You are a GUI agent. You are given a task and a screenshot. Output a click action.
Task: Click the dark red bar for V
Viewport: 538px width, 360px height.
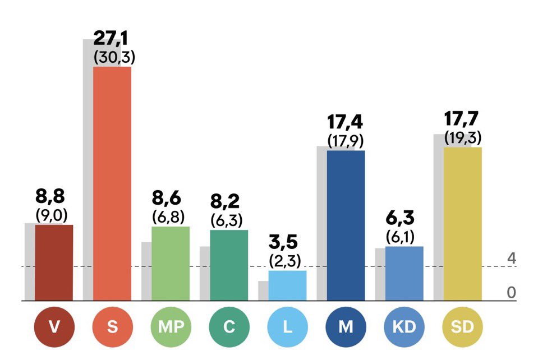pyautogui.click(x=54, y=262)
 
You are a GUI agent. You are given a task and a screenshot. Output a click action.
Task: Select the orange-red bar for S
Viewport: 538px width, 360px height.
pyautogui.click(x=112, y=184)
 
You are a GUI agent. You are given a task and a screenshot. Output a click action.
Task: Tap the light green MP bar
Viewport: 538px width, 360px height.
pyautogui.click(x=171, y=264)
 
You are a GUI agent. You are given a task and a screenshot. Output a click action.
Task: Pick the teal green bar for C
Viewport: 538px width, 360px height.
pyautogui.click(x=229, y=265)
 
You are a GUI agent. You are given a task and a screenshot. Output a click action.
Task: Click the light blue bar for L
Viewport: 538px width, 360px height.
pyautogui.click(x=288, y=285)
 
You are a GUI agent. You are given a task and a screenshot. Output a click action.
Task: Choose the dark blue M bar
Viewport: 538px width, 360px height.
pyautogui.click(x=346, y=225)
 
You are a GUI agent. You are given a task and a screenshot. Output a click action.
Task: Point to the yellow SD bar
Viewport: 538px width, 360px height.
pyautogui.click(x=463, y=224)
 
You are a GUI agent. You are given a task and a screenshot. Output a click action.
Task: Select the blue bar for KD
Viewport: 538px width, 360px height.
pyautogui.click(x=404, y=274)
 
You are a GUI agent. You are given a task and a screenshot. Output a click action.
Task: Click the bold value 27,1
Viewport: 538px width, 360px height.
pyautogui.click(x=111, y=38)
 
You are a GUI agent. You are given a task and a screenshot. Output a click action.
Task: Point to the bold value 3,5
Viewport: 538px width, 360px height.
pyautogui.click(x=283, y=242)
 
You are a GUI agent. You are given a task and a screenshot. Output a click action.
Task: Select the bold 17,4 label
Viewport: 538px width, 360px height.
pyautogui.click(x=345, y=122)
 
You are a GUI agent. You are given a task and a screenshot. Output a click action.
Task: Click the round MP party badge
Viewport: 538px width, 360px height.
pyautogui.click(x=171, y=327)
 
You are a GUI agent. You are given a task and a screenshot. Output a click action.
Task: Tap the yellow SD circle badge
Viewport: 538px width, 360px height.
pyautogui.click(x=462, y=327)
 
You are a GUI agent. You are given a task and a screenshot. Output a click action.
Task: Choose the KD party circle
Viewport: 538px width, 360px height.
pyautogui.click(x=404, y=327)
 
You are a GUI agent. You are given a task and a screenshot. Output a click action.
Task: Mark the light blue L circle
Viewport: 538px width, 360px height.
pyautogui.click(x=288, y=327)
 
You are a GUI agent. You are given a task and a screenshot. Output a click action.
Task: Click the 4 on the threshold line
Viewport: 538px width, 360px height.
pyautogui.click(x=512, y=258)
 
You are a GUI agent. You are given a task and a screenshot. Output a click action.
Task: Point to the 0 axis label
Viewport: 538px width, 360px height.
pyautogui.click(x=512, y=293)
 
